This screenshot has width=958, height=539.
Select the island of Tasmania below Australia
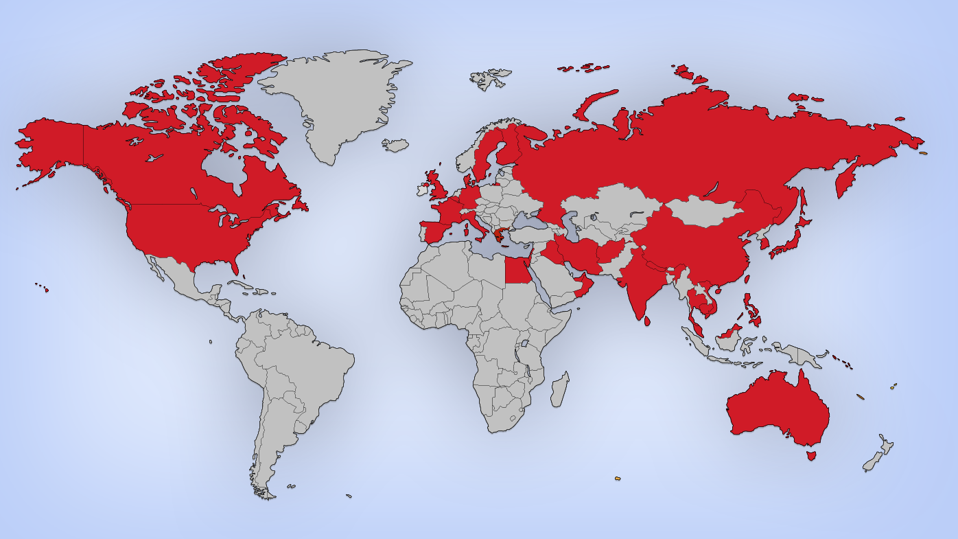point(811,455)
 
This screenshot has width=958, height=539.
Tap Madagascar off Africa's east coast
point(560,389)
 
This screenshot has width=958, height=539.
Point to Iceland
point(395,145)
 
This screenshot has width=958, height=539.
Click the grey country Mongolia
point(703,210)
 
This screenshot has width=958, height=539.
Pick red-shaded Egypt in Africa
point(517,271)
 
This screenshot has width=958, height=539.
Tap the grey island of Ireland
point(421,188)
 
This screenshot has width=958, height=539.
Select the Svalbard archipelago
point(491,78)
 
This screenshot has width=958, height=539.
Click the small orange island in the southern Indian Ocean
point(617,478)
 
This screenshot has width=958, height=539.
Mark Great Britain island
point(436,187)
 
